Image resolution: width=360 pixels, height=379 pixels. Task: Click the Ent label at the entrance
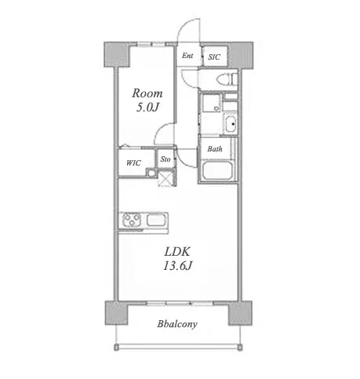187,56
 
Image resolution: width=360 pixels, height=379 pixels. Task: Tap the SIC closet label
214,56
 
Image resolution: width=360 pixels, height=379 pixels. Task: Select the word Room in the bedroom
147,93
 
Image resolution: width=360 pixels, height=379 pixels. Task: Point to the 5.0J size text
147,108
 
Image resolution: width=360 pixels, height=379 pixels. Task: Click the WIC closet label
133,163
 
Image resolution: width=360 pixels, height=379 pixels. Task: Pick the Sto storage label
165,159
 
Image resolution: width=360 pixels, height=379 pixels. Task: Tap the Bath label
215,149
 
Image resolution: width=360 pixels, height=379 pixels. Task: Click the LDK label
177,252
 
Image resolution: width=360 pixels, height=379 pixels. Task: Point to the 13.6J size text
178,266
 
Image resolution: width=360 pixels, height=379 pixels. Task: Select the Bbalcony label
177,324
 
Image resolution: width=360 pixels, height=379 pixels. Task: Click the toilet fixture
227,79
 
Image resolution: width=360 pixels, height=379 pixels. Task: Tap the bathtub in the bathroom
216,170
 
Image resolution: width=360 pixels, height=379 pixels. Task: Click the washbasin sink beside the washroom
231,124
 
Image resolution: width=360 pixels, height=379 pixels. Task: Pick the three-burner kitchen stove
132,220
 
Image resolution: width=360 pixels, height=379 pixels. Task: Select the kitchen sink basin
156,220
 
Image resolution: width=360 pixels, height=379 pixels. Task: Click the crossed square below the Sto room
165,177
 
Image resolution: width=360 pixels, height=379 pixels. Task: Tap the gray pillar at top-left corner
117,55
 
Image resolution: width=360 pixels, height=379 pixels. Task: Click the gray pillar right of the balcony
240,313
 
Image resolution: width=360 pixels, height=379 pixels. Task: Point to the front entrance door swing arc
184,26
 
